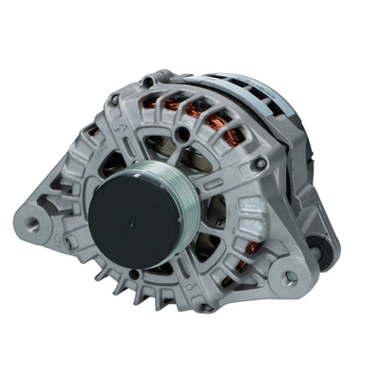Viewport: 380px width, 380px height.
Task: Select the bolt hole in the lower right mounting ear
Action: click(288, 277)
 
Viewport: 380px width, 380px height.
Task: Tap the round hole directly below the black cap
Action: click(134, 275)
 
